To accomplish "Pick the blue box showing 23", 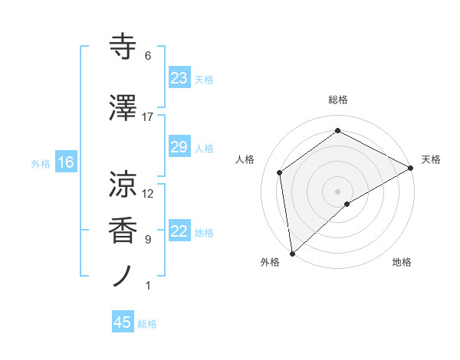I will pos(179,78).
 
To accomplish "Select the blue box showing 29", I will pos(179,147).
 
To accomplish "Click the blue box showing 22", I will pos(179,232).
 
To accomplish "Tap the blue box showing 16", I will pos(65,162).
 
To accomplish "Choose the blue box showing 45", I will pos(123,322).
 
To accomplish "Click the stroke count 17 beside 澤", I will pos(148,117).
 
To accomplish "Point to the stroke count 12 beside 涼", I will pos(148,194).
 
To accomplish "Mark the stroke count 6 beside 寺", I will pos(148,56).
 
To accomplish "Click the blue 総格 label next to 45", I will pos(147,324).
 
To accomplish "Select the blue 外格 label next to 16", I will pos(41,163).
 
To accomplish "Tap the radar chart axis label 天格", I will pos(431,159).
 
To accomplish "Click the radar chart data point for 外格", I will pos(291,254).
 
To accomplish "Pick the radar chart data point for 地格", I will pos(347,204).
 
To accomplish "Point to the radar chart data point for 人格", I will pos(280,172).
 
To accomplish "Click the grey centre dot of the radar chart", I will pos(337,190).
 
